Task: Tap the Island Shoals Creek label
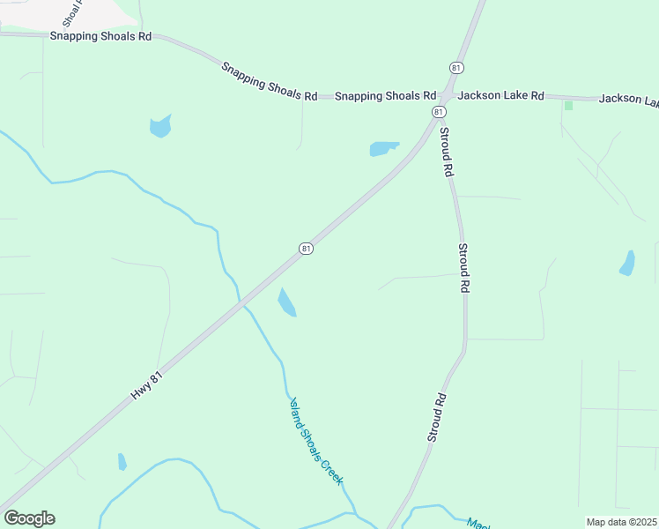pyautogui.click(x=315, y=441)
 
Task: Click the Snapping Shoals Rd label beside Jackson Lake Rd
pyautogui.click(x=386, y=95)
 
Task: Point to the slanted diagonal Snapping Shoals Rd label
pyautogui.click(x=269, y=81)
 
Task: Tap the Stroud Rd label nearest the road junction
pyautogui.click(x=446, y=153)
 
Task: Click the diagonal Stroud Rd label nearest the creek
pyautogui.click(x=438, y=417)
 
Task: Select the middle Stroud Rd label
pyautogui.click(x=463, y=269)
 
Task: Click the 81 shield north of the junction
pyautogui.click(x=455, y=68)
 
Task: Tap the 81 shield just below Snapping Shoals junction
pyautogui.click(x=438, y=112)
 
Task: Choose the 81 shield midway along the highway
pyautogui.click(x=305, y=249)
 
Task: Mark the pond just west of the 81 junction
pyautogui.click(x=383, y=148)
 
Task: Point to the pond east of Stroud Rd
pyautogui.click(x=627, y=264)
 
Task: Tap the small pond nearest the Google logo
pyautogui.click(x=122, y=462)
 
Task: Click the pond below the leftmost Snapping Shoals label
pyautogui.click(x=160, y=126)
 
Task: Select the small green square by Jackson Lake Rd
pyautogui.click(x=568, y=106)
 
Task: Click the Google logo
pyautogui.click(x=30, y=518)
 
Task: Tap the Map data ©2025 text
pyautogui.click(x=621, y=521)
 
